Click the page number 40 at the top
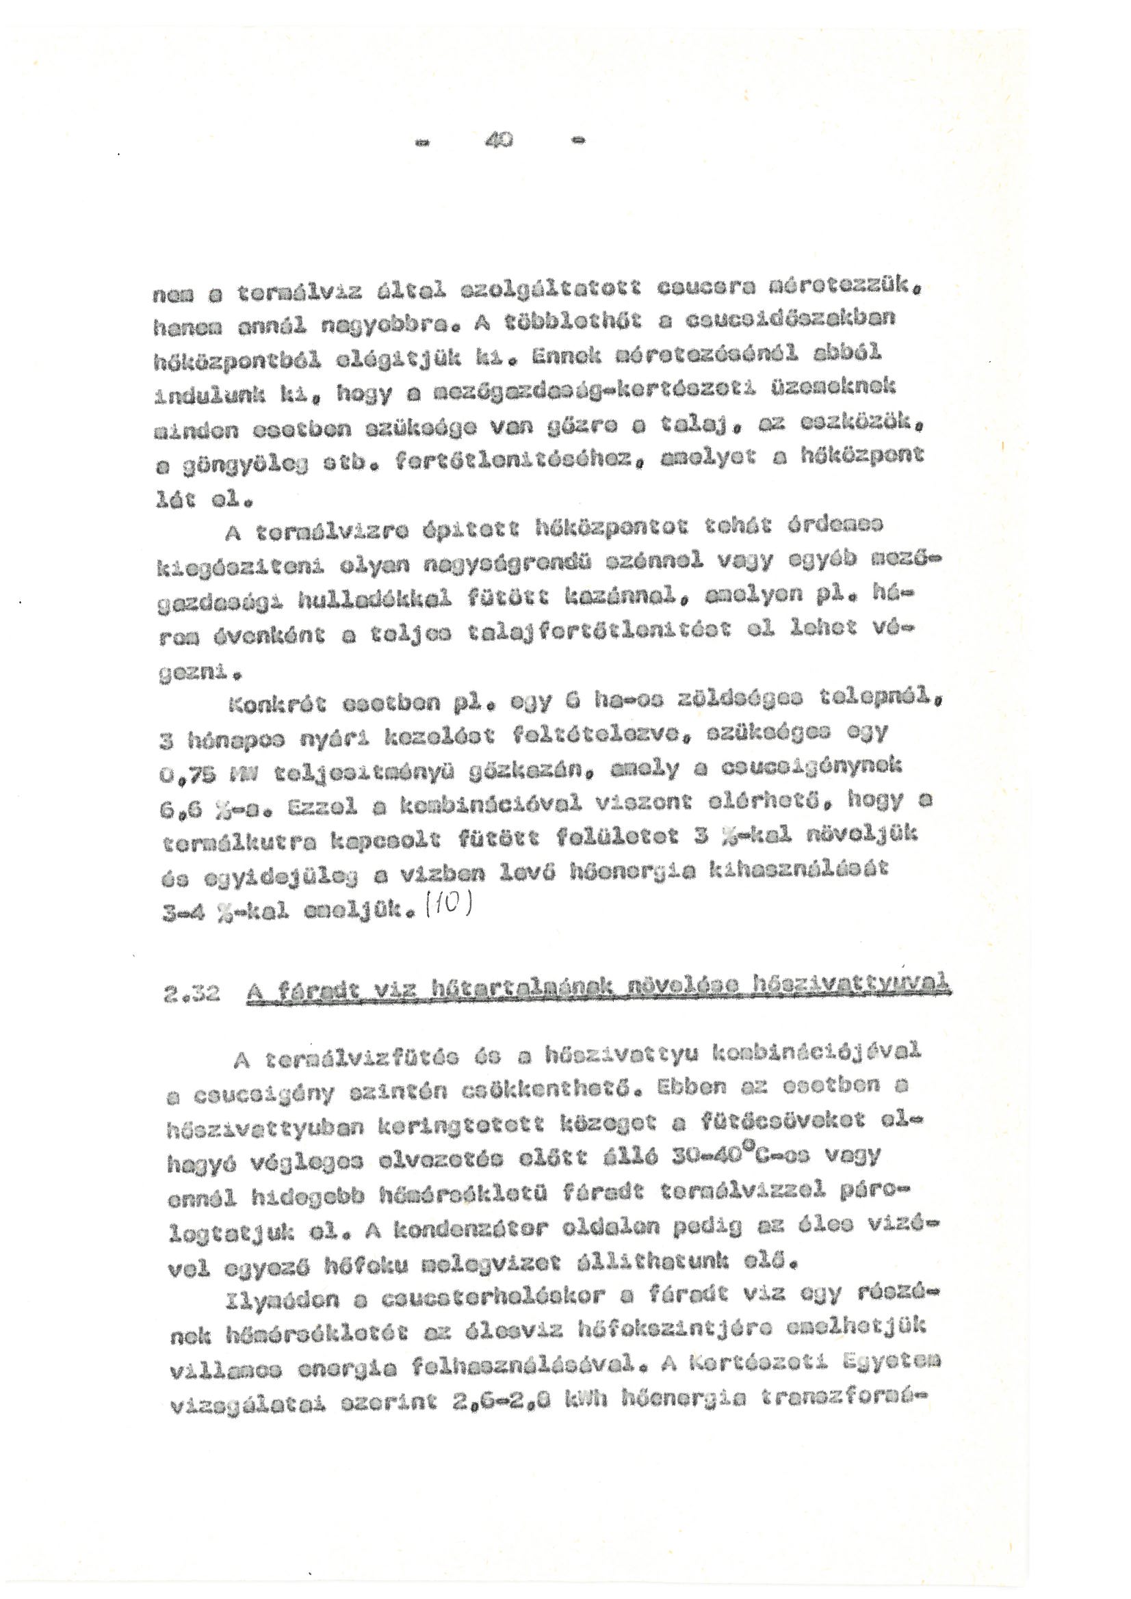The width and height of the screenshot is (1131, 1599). click(499, 142)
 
